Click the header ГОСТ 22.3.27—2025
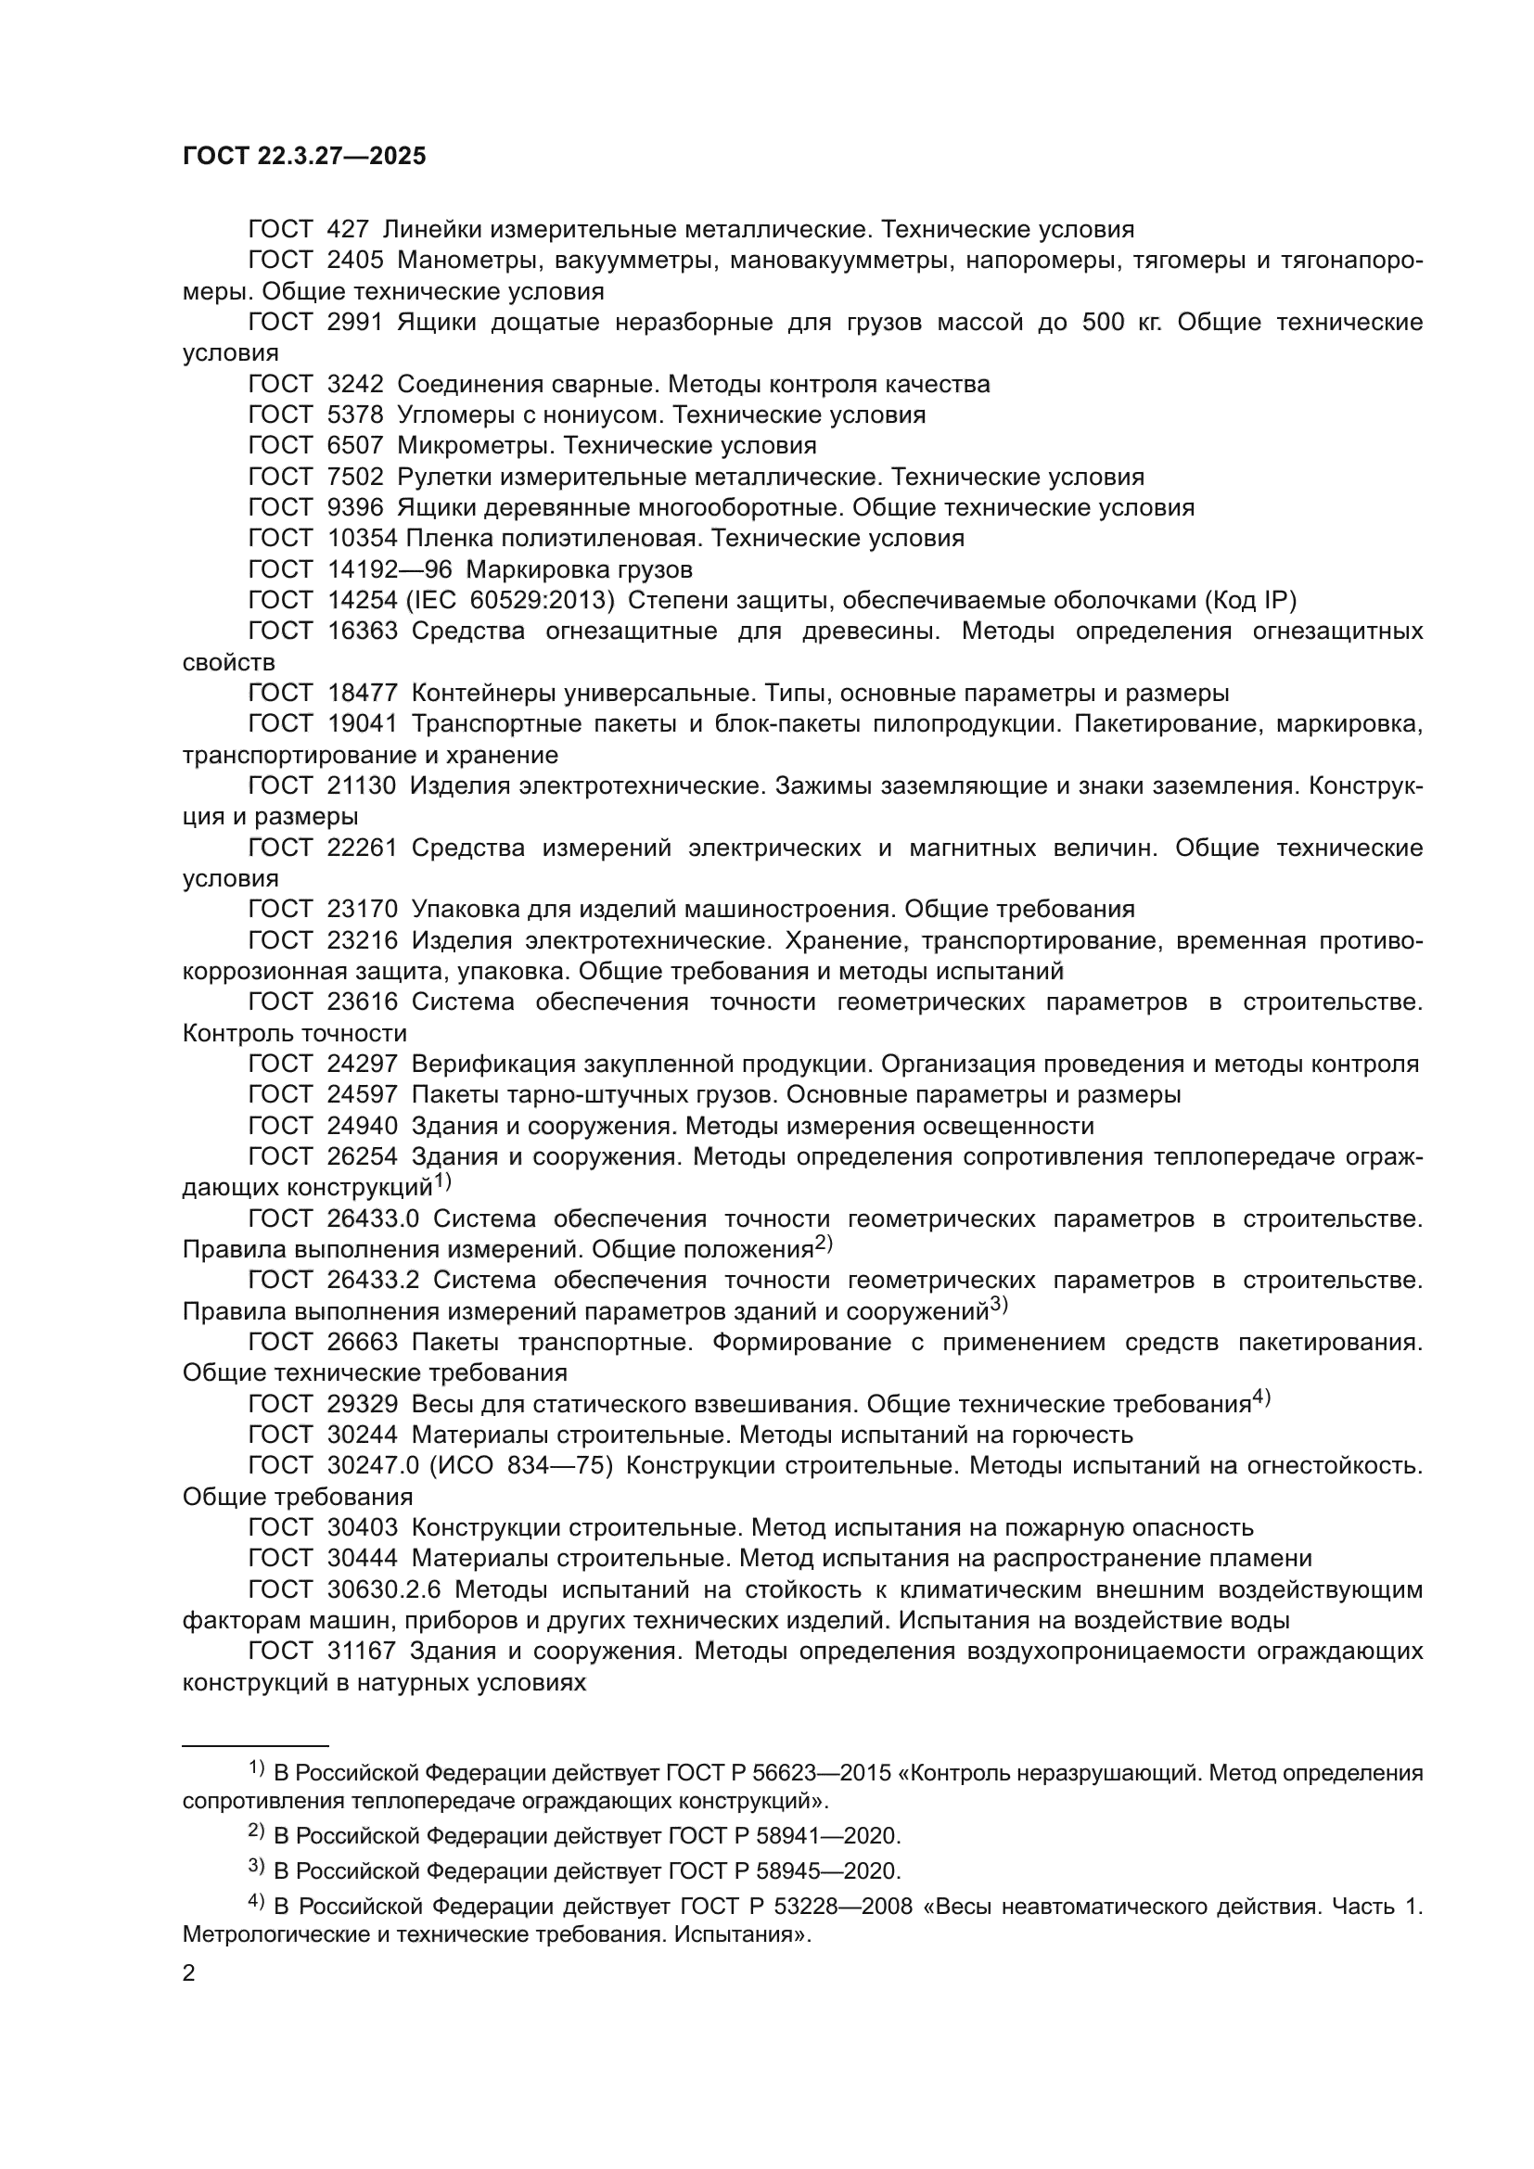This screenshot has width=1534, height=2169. pos(303,156)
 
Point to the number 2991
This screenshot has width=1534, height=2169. pos(354,322)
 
